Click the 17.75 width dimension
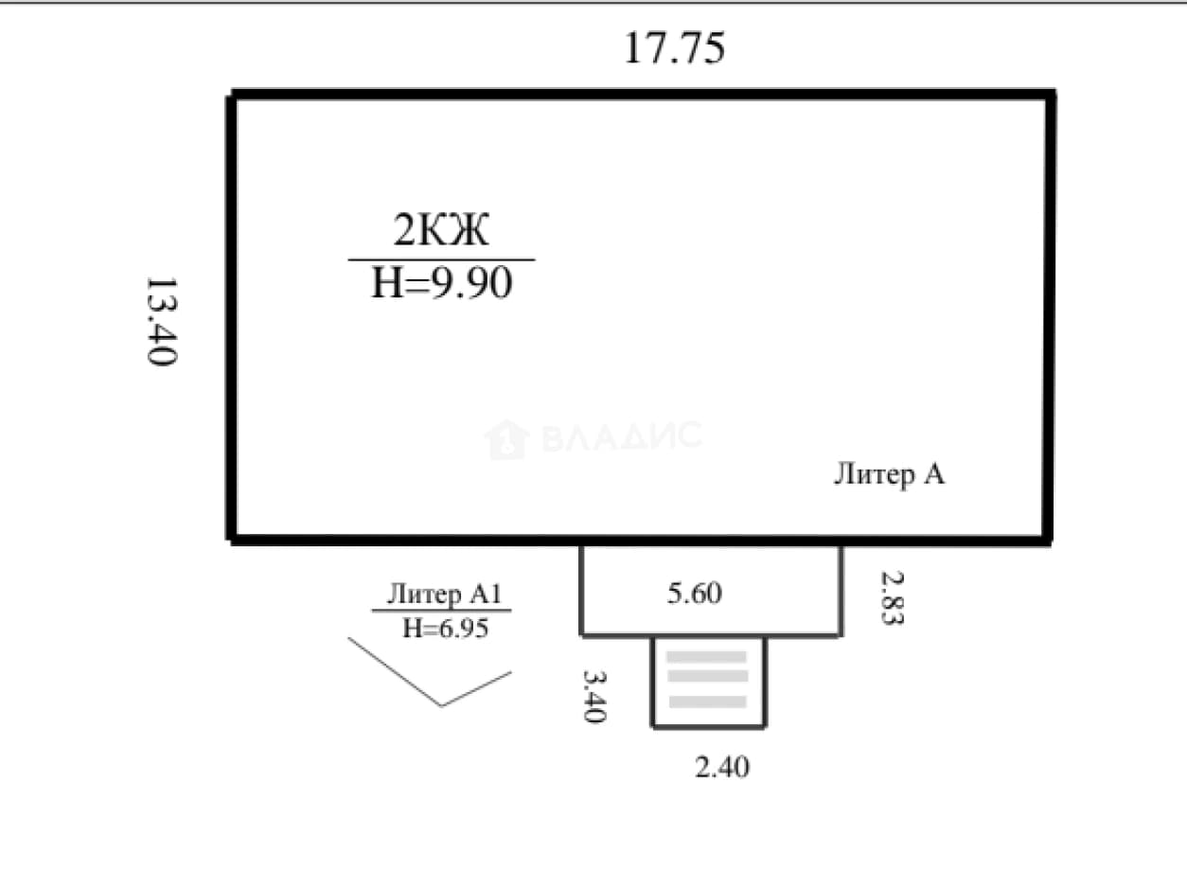pyautogui.click(x=675, y=48)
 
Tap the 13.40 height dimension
pyautogui.click(x=162, y=321)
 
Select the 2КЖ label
pyautogui.click(x=441, y=229)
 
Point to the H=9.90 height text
pyautogui.click(x=442, y=283)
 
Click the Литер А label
pyautogui.click(x=889, y=474)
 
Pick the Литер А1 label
pyautogui.click(x=444, y=594)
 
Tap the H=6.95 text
pyautogui.click(x=445, y=629)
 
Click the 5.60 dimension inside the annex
pyautogui.click(x=694, y=593)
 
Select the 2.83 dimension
pyautogui.click(x=893, y=597)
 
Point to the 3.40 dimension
pyautogui.click(x=594, y=696)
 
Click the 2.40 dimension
pyautogui.click(x=721, y=767)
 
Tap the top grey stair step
pyautogui.click(x=706, y=657)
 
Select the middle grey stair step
pyautogui.click(x=707, y=676)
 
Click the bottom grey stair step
pyautogui.click(x=707, y=702)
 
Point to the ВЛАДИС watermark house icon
pyautogui.click(x=506, y=439)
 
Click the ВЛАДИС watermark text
pyautogui.click(x=622, y=436)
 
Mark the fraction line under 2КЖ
pyautogui.click(x=441, y=259)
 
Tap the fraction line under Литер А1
pyautogui.click(x=441, y=611)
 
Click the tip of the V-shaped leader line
pyautogui.click(x=441, y=705)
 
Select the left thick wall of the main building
pyautogui.click(x=232, y=318)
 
